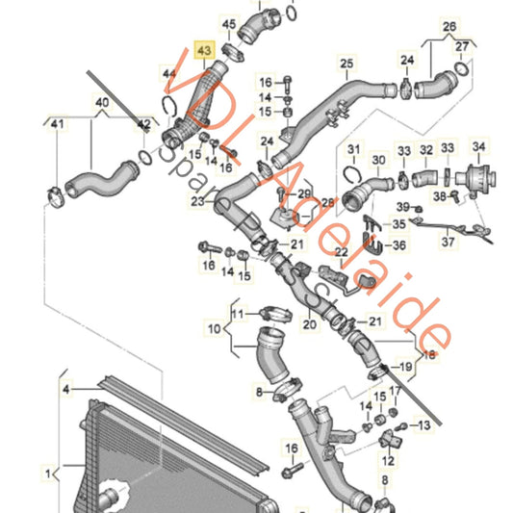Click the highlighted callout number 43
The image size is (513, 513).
click(205, 49)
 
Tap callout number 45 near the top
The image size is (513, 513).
click(228, 22)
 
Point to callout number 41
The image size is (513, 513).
click(56, 124)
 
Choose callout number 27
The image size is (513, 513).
click(463, 45)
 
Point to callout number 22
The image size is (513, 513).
click(314, 252)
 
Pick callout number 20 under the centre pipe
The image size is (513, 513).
click(308, 325)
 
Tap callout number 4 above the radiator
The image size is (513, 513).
click(66, 389)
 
